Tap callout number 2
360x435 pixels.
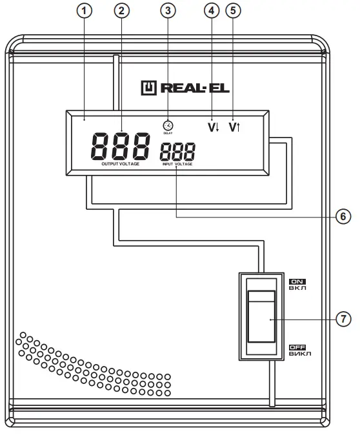[121, 11]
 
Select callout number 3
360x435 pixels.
[168, 11]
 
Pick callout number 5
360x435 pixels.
[233, 11]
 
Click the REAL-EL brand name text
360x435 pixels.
[191, 86]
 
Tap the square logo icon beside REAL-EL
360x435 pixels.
[149, 86]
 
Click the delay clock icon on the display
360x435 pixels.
[168, 125]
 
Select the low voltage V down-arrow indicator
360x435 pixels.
[213, 126]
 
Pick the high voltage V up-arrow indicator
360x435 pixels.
[234, 126]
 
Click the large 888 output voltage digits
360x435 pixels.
[120, 147]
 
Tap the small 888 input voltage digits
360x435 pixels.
[177, 152]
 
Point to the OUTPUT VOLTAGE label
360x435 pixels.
[120, 165]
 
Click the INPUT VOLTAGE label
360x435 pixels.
[177, 165]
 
